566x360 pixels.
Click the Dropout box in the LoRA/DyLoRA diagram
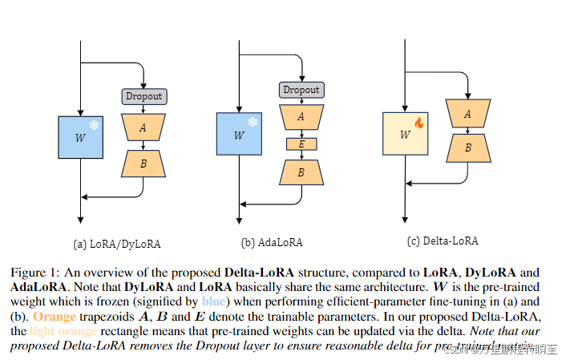143,96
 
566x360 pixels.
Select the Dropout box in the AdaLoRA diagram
301,90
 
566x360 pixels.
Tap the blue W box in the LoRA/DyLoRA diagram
81,137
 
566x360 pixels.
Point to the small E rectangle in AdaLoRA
301,144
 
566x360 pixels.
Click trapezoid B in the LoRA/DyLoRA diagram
143,164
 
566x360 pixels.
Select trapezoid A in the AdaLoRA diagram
301,117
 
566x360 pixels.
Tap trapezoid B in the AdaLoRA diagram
301,172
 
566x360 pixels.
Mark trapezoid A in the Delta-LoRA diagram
467,115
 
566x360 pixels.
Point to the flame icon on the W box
418,123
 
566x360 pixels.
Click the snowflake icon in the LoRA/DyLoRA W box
93,127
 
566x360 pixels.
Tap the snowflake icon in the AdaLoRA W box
253,123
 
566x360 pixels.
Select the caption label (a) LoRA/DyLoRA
111,242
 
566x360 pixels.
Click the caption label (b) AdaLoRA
271,241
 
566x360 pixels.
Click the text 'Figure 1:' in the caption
33,273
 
